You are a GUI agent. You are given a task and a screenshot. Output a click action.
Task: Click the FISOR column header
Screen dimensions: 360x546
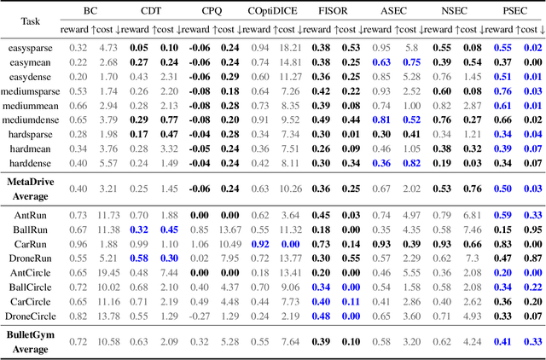(332, 12)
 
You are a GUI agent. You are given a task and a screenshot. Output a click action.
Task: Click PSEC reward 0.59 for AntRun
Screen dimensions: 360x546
(503, 215)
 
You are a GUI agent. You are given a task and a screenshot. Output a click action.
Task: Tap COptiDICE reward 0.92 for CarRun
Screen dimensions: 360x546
(260, 244)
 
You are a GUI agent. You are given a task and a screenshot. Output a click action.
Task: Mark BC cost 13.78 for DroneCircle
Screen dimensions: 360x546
(107, 316)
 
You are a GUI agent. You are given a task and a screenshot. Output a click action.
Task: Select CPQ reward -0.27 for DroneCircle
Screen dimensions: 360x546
(198, 316)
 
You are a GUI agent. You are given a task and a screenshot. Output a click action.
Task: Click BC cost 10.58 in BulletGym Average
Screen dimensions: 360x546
(107, 342)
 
